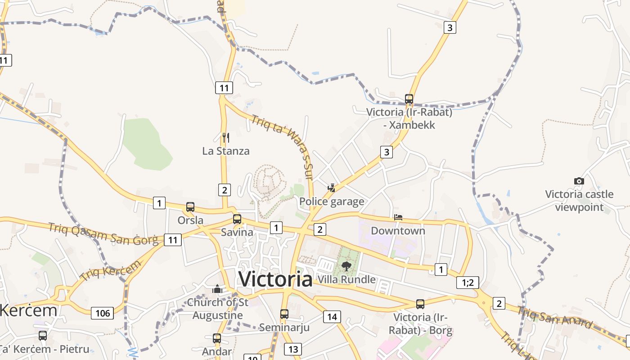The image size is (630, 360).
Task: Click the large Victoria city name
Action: pos(275,279)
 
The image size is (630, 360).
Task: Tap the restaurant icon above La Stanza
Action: pos(226,137)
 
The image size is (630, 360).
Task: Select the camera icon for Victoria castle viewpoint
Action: pos(579,181)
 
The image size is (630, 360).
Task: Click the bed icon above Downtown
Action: pos(398,217)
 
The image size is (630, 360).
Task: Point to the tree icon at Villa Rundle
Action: pos(346,266)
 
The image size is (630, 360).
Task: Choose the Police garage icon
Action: pos(332,188)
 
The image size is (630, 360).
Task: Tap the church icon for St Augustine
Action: pos(217,289)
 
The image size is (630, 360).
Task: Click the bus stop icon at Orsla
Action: pos(190,207)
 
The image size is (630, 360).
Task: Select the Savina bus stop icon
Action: pos(237,219)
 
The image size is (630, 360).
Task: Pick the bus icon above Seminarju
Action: pos(284,314)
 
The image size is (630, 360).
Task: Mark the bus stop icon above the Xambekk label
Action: pos(409,99)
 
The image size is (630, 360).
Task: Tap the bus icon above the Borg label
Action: pos(420,304)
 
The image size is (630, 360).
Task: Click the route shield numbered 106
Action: pos(103,313)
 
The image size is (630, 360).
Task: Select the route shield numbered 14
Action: pos(332,317)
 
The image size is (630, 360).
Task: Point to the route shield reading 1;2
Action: pos(468,283)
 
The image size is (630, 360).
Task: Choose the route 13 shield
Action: pos(292,349)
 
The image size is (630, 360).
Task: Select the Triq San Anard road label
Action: pos(555,317)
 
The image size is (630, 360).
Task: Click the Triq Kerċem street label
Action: pos(110,273)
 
